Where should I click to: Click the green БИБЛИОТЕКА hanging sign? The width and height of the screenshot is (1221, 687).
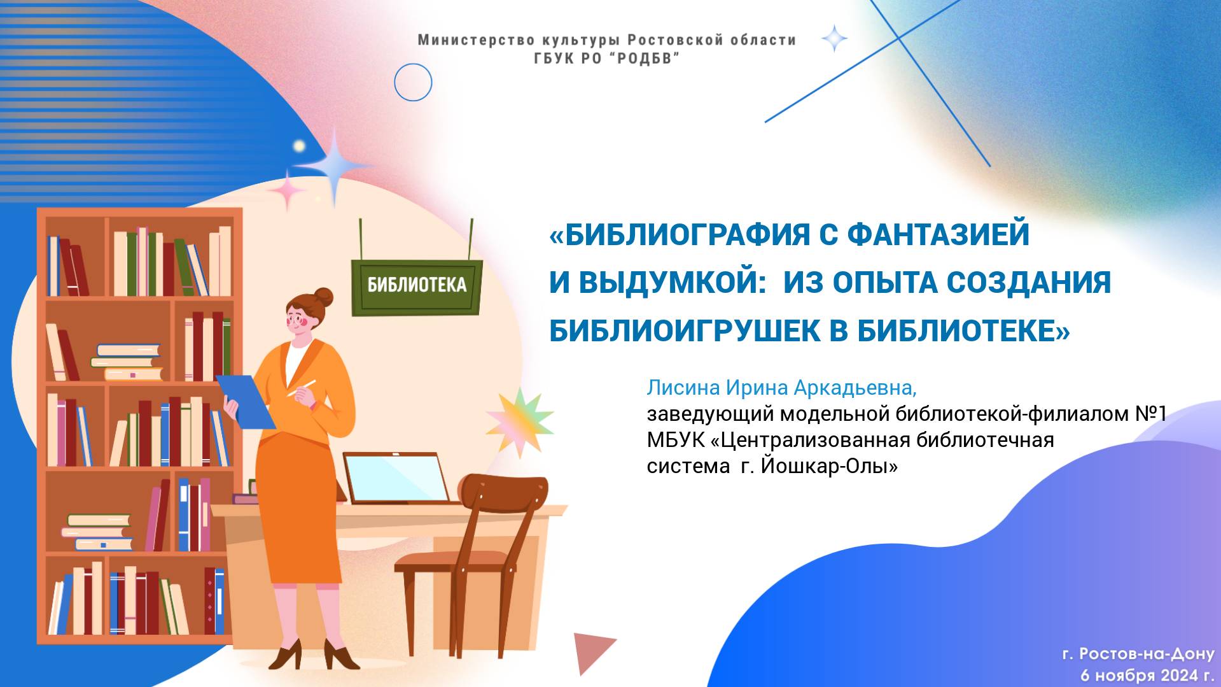coord(417,285)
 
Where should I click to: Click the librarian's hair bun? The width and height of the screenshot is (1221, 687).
coord(323,297)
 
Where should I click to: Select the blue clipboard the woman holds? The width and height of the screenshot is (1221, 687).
coord(246,401)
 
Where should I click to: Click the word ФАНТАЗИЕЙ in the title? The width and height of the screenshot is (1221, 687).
coord(938,234)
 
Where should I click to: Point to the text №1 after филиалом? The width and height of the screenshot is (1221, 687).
coord(1151,414)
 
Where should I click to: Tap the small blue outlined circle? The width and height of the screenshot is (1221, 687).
coord(413,82)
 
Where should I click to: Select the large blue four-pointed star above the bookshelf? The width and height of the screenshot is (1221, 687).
coord(335,165)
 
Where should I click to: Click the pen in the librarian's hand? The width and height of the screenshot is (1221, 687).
coord(302,388)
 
